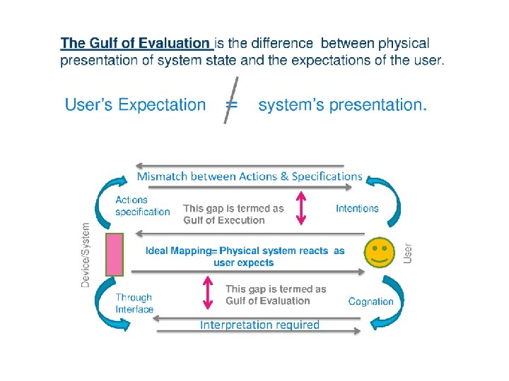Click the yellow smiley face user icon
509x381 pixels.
click(x=380, y=253)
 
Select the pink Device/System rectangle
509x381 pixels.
click(x=115, y=254)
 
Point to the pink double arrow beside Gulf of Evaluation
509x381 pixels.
click(x=208, y=293)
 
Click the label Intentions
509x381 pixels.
click(x=357, y=208)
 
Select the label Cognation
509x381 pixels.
click(x=371, y=301)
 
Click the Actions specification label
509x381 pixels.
click(x=142, y=206)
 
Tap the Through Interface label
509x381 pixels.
click(x=134, y=303)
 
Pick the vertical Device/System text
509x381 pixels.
click(x=86, y=255)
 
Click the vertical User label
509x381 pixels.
click(x=407, y=253)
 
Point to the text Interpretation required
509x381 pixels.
click(x=259, y=325)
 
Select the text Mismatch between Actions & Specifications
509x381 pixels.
click(x=249, y=176)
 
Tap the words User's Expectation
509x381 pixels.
click(x=136, y=105)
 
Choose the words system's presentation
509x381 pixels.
click(x=342, y=105)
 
